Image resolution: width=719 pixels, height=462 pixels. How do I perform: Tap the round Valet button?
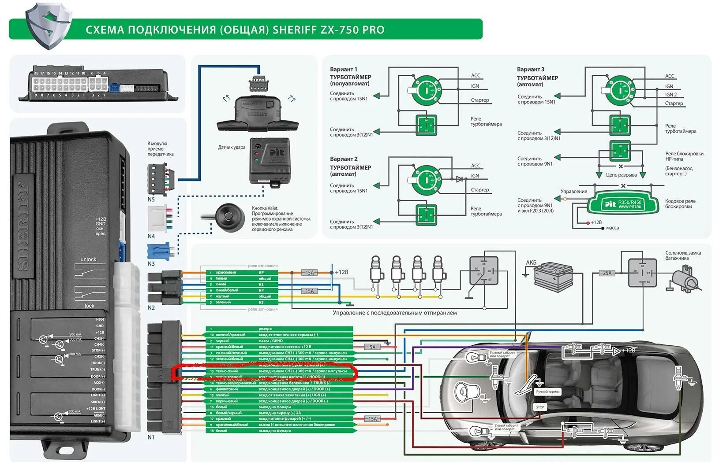(x=230, y=216)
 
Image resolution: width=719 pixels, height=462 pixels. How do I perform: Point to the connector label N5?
(x=151, y=200)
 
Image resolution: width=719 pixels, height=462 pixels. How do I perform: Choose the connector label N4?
(x=151, y=237)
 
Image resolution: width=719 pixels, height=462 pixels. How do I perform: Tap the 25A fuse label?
(x=607, y=273)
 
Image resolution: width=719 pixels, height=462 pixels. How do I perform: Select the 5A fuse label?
(x=372, y=347)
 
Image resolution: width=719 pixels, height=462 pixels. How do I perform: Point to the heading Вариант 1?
(x=344, y=69)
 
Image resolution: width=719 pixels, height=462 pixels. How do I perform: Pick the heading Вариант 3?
(x=531, y=69)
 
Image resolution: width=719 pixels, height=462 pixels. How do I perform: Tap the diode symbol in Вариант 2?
(x=460, y=179)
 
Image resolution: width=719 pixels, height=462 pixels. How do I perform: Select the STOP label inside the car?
(x=540, y=407)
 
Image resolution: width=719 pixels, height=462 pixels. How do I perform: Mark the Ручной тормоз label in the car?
(x=547, y=391)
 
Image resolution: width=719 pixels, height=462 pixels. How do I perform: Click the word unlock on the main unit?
(x=88, y=259)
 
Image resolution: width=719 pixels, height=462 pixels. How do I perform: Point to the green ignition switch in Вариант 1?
(x=426, y=90)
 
